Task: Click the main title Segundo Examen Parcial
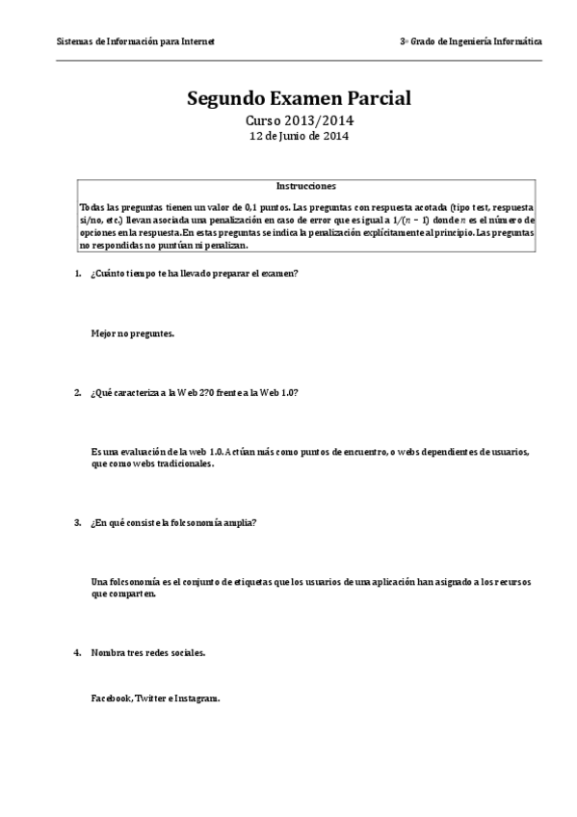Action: (x=299, y=98)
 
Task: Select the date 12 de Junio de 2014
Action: (x=299, y=137)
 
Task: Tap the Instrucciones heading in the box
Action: (x=305, y=186)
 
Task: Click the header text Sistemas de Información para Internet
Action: (x=135, y=42)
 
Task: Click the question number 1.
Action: (x=77, y=274)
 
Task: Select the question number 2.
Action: (x=77, y=393)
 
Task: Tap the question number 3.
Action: (x=77, y=523)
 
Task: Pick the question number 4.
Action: (x=77, y=653)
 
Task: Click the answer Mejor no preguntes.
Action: (x=133, y=333)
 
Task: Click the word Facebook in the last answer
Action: (x=111, y=698)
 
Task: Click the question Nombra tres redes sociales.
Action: (x=147, y=653)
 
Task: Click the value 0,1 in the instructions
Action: (x=228, y=208)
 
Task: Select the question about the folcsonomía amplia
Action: (x=173, y=523)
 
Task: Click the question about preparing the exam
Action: (x=194, y=274)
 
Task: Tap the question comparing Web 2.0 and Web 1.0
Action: (x=194, y=393)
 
